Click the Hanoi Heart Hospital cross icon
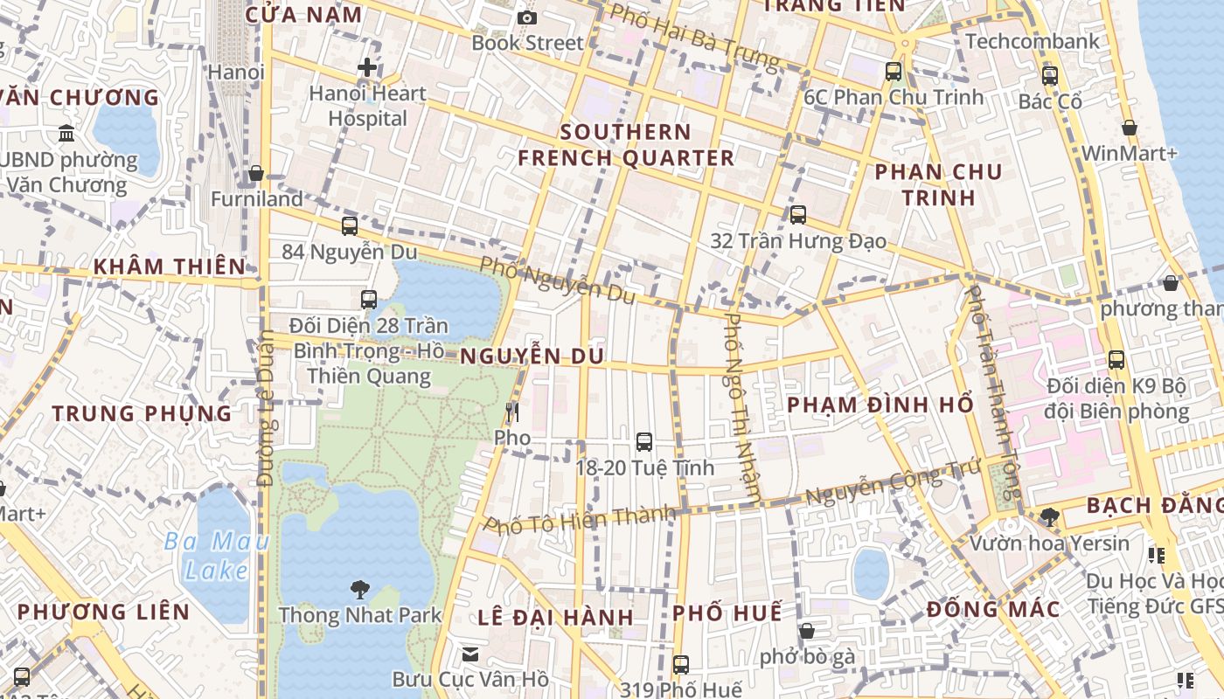point(367,66)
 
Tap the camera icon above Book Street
point(526,17)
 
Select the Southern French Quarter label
point(626,145)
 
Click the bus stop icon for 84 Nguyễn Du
point(350,226)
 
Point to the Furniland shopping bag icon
point(256,174)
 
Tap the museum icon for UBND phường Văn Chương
point(66,134)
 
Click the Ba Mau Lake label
point(217,556)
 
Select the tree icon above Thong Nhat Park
point(359,590)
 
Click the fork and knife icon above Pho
point(512,412)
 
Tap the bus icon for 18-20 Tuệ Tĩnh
point(644,442)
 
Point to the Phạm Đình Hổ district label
point(880,405)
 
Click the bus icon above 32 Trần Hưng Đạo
point(797,215)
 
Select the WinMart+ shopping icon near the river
point(1130,128)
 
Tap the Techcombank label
point(1033,41)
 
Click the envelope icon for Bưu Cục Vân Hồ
point(470,654)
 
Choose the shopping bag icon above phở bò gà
point(807,631)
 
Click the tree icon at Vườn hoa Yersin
point(1049,517)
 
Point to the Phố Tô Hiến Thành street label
point(581,520)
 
